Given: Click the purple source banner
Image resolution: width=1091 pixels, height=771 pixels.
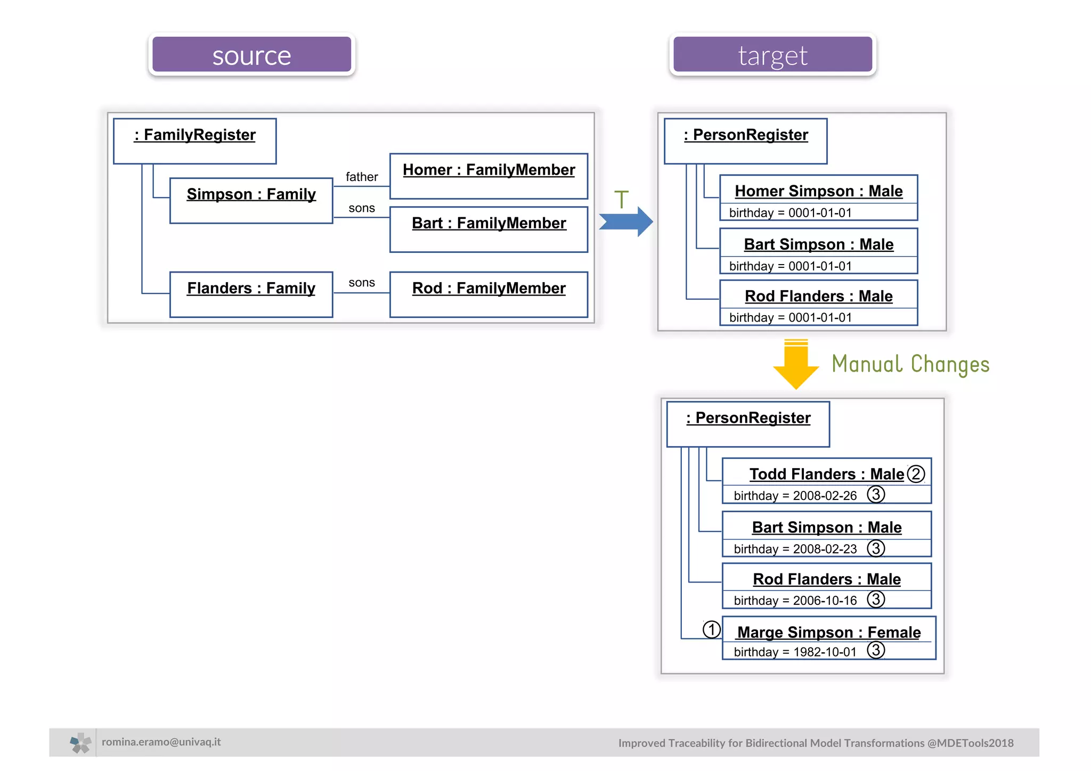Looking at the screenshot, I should [251, 55].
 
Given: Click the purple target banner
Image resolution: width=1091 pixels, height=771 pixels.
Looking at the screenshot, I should [772, 55].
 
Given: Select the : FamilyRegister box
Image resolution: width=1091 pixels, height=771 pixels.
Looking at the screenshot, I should [194, 141].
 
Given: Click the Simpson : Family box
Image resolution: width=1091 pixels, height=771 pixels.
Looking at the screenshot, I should [251, 200].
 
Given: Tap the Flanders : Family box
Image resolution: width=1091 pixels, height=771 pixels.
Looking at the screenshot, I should [251, 294].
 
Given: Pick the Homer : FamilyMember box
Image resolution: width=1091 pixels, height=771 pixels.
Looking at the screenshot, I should [488, 176].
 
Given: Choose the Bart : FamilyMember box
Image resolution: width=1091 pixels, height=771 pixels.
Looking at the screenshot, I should [488, 229].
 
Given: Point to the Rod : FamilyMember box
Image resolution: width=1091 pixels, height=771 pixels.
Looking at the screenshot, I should [488, 294].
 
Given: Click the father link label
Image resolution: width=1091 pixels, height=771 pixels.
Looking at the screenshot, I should [362, 177].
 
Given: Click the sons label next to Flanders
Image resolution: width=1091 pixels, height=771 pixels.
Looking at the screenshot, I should [362, 283].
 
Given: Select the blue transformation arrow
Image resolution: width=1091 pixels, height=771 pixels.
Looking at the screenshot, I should [625, 222].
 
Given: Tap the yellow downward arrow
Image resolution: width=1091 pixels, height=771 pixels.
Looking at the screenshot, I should [796, 365].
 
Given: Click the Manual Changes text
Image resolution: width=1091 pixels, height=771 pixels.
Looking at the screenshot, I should [910, 364].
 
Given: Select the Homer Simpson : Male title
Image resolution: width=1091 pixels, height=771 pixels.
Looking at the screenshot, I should [818, 191].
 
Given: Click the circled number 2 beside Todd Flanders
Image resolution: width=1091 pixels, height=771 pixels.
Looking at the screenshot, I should [916, 473].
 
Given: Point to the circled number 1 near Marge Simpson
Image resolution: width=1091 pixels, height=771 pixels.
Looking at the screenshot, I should [711, 629].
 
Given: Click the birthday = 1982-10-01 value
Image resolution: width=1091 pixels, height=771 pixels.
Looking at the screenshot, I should [795, 652].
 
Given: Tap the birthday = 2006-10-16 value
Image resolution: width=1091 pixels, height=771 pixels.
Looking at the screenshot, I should [795, 600].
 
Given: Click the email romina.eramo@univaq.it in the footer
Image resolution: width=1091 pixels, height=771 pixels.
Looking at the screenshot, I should [161, 742].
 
